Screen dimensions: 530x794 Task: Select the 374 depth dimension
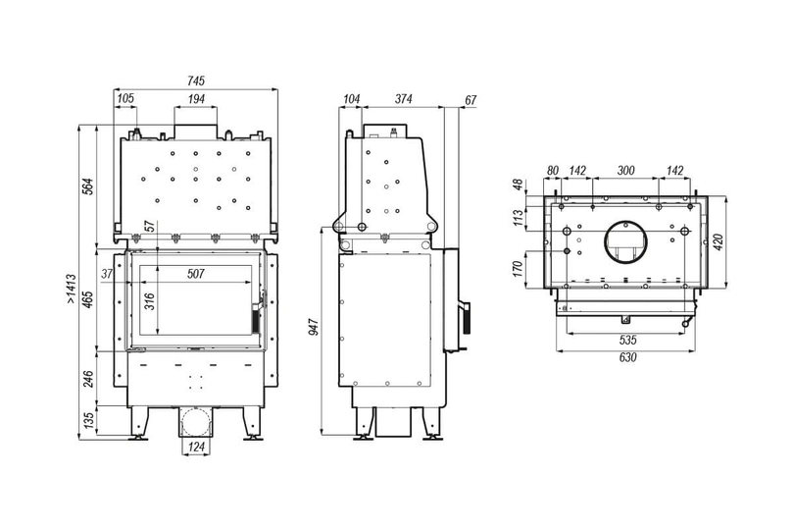(x=401, y=99)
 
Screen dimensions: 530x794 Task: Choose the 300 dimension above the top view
(x=623, y=171)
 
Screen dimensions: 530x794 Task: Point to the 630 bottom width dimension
(x=627, y=358)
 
